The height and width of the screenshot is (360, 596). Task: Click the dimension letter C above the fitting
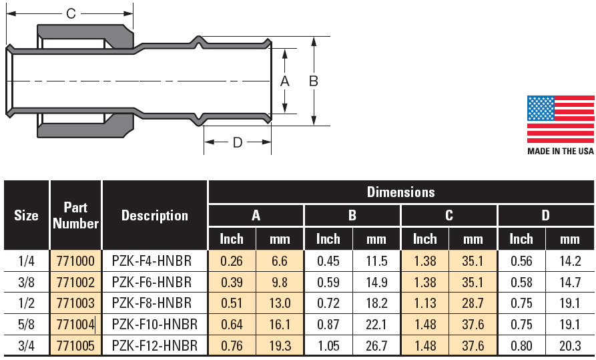pos(71,13)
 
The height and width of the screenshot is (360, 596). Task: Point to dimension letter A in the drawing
pos(284,81)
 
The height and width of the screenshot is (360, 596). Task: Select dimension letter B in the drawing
pos(313,81)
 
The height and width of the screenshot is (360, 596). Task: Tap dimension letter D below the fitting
pos(237,142)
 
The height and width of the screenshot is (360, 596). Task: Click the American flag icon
pos(560,119)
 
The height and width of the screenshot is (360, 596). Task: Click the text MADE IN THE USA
pos(560,151)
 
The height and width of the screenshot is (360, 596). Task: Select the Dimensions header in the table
pos(400,192)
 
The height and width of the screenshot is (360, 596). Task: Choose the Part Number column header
pos(75,215)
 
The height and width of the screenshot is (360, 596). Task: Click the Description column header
pos(155,215)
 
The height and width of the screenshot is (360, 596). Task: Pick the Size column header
pos(27,215)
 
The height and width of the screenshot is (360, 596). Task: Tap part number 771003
pos(75,303)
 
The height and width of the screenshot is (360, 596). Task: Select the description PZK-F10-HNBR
pos(155,325)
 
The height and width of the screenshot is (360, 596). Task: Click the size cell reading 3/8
pos(27,282)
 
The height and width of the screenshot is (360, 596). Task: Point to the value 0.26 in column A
pos(232,260)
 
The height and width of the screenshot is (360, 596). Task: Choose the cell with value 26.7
pos(376,346)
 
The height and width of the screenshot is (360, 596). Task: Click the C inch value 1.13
pos(425,303)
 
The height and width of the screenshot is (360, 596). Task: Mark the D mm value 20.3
pos(570,346)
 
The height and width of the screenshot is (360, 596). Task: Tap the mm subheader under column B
pos(376,238)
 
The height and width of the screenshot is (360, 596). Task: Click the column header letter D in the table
pos(545,215)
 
